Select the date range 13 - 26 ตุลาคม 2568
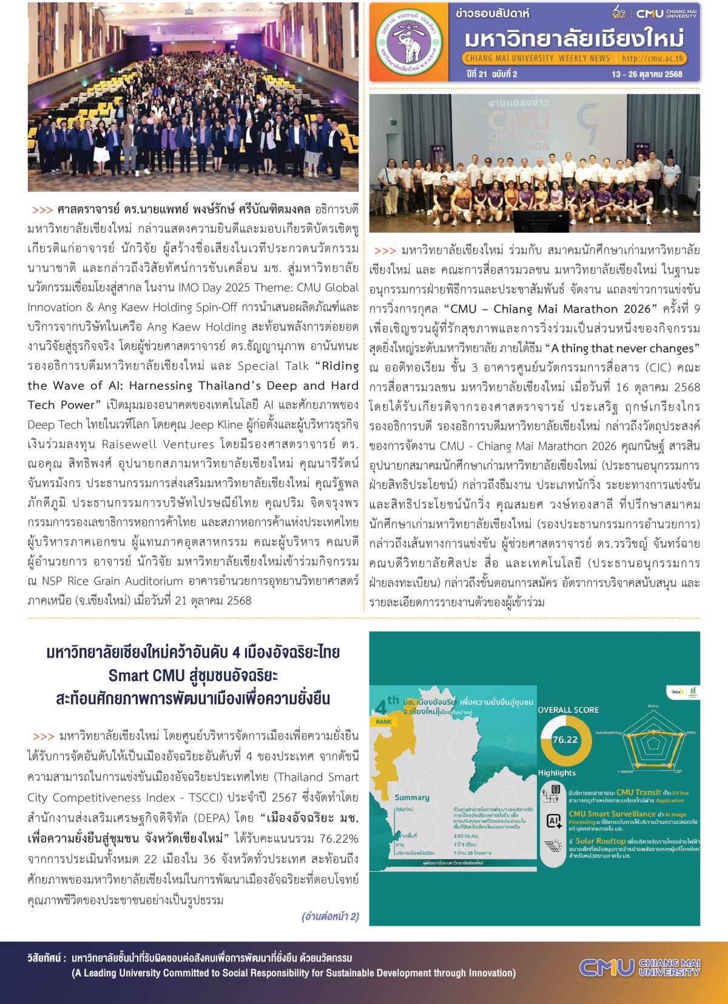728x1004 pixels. [x=648, y=74]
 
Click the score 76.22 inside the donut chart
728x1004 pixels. [x=565, y=740]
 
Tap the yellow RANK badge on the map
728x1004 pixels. [x=383, y=722]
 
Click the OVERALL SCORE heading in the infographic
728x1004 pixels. [x=568, y=710]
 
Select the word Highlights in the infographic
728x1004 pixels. [x=557, y=772]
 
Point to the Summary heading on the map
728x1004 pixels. [x=412, y=797]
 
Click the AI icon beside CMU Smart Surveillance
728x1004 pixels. [x=554, y=821]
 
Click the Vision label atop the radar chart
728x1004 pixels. [x=653, y=706]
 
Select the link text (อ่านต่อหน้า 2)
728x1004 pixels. [x=330, y=916]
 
